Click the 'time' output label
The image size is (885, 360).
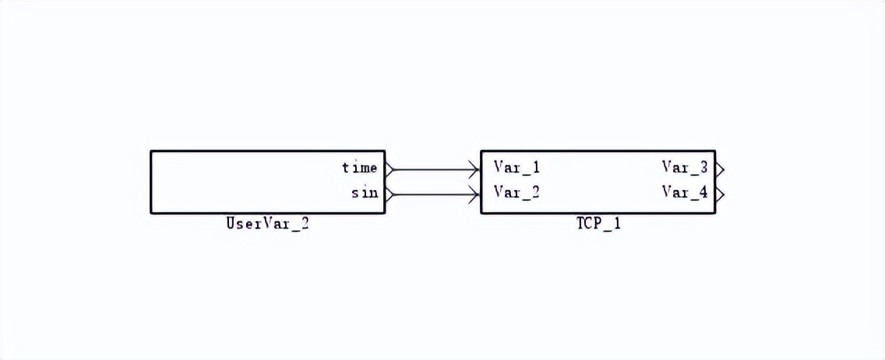click(x=359, y=168)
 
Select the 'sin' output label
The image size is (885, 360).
click(x=364, y=193)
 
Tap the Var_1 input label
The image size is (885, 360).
click(x=517, y=168)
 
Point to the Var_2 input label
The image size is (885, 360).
click(x=517, y=192)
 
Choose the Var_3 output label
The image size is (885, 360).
click(x=685, y=168)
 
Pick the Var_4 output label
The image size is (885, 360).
click(x=685, y=192)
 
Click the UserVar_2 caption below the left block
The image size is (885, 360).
click(x=267, y=224)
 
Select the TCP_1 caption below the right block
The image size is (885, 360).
click(x=598, y=224)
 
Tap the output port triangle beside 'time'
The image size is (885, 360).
click(x=390, y=168)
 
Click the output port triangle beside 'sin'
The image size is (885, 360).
click(x=390, y=193)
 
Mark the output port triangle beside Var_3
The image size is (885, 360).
click(x=720, y=168)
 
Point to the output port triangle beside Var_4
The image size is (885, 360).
click(x=720, y=193)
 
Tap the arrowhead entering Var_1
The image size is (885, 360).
click(x=474, y=168)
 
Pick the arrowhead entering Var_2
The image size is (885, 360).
click(x=474, y=193)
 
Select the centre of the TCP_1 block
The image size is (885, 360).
click(x=598, y=182)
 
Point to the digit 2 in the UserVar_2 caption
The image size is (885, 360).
click(x=305, y=224)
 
